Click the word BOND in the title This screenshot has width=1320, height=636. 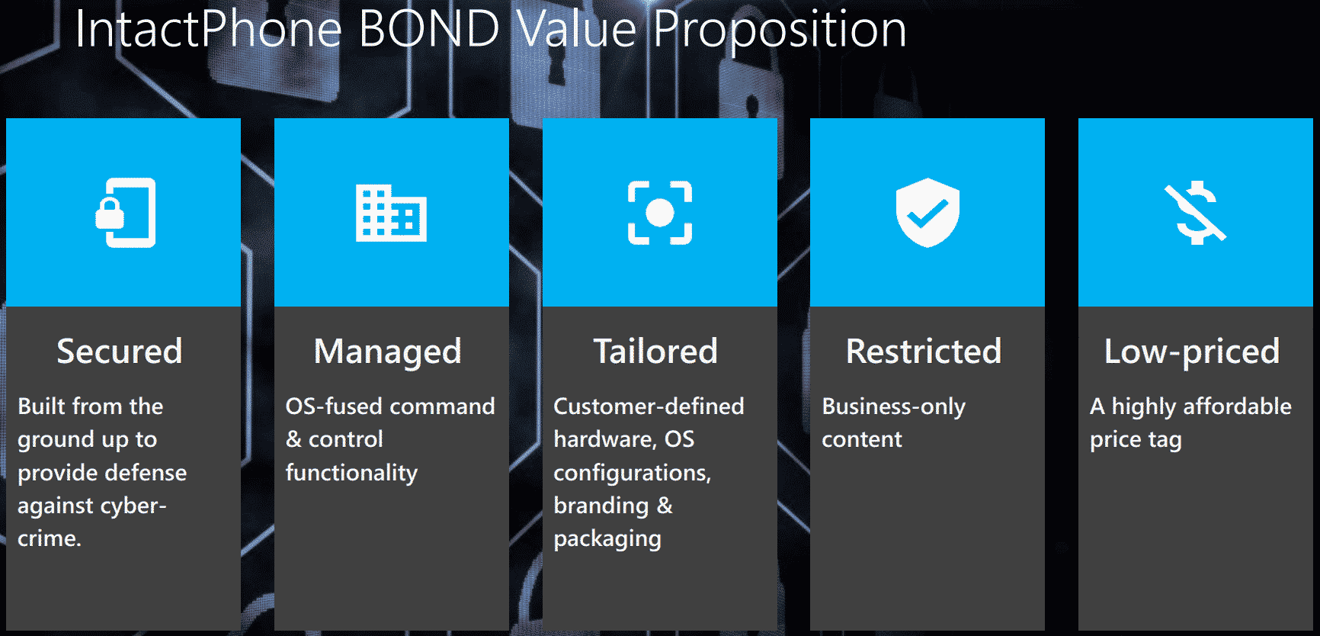[x=428, y=29]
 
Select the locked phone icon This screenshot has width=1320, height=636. [x=126, y=213]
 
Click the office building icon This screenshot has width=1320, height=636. [x=391, y=213]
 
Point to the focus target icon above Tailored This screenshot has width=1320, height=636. [x=660, y=213]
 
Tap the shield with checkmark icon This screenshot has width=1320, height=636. [x=928, y=213]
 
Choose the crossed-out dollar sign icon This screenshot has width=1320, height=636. [x=1195, y=213]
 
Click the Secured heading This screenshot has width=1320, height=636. [x=120, y=352]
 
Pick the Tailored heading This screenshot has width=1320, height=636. [x=655, y=352]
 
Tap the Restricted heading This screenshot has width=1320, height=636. [x=924, y=352]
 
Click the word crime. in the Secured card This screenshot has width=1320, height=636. [x=50, y=538]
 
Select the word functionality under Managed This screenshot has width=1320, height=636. [x=351, y=474]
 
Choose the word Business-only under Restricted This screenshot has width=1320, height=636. [x=893, y=407]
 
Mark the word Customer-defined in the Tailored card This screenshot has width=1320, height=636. [x=649, y=406]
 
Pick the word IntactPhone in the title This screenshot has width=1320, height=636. [x=208, y=29]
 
